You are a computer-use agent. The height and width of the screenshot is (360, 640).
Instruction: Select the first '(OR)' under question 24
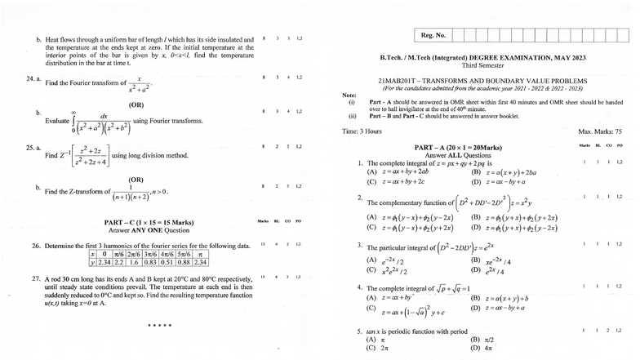[136, 105]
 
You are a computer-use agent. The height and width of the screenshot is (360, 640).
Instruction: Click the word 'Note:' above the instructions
[349, 96]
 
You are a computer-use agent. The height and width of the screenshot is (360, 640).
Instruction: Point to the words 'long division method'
[161, 155]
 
